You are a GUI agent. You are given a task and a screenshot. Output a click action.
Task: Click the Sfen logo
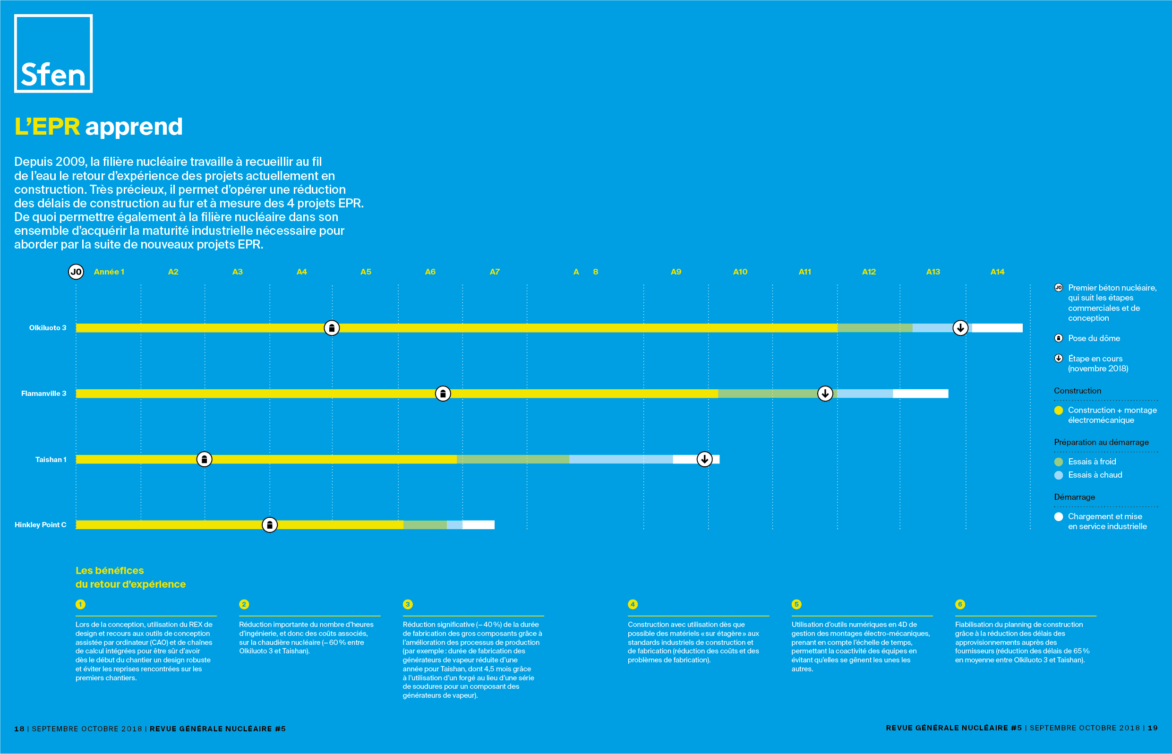53,53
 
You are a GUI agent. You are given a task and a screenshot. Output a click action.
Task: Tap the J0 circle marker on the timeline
76,272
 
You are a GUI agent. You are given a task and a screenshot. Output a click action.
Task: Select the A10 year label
740,272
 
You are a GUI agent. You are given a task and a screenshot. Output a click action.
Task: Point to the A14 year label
997,272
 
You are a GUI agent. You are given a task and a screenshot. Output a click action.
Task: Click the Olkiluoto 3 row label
48,327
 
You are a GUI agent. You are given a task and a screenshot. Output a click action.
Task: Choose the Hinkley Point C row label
40,525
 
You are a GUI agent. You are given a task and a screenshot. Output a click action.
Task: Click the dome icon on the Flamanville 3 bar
443,394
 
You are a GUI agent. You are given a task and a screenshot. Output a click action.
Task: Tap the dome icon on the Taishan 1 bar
204,459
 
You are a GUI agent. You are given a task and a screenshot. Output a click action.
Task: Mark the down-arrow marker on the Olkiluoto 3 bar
960,327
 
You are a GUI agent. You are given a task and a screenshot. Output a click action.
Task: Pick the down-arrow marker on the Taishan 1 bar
704,459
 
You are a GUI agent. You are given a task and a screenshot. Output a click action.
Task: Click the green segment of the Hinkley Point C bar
425,525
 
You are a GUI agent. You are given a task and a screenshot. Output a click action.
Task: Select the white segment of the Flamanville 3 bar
920,394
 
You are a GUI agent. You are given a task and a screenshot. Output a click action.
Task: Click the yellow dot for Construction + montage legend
1059,410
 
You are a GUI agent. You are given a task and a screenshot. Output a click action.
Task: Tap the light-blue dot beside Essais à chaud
1059,475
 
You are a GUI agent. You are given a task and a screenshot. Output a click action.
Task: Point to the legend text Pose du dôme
1094,338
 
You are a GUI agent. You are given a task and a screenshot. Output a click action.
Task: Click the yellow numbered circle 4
633,604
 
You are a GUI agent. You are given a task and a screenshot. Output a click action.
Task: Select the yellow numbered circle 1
80,604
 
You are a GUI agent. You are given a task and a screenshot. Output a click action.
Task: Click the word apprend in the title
134,127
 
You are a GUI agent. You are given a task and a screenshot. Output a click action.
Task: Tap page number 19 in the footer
1153,728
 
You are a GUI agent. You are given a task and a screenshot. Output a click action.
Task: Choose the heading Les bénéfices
110,570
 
